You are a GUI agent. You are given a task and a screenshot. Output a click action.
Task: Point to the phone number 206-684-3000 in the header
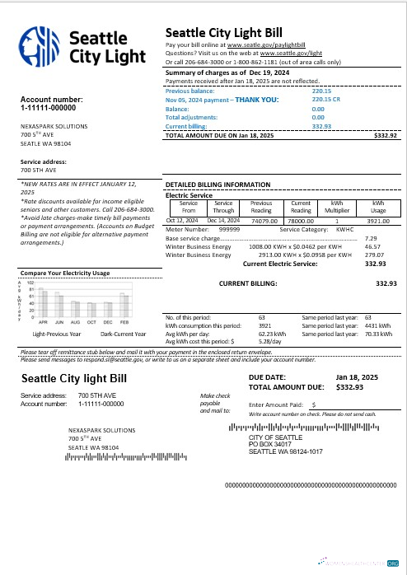202,62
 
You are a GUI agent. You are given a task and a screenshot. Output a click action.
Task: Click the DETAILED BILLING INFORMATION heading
218,185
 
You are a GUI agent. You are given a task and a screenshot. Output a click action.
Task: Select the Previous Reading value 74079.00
262,221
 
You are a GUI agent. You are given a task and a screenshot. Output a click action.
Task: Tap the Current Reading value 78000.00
301,221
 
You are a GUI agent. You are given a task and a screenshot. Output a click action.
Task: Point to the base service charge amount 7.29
371,238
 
